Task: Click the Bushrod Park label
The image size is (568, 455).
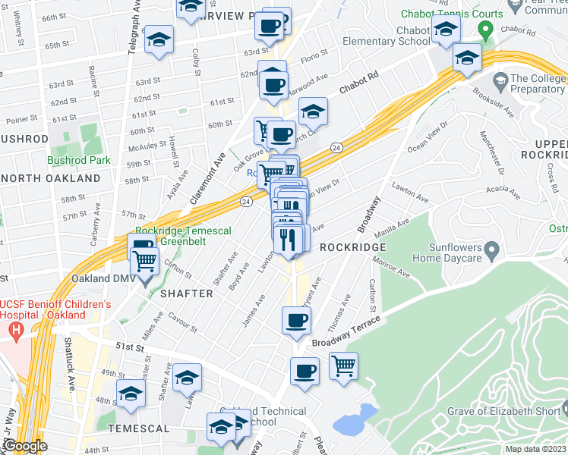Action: [x=78, y=160]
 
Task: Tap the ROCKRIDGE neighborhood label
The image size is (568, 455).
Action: [x=353, y=247]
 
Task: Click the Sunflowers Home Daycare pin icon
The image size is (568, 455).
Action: [x=491, y=249]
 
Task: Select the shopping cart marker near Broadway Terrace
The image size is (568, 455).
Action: [x=344, y=366]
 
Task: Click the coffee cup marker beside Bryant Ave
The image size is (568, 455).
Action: [x=296, y=319]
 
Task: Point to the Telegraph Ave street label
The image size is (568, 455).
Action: [x=134, y=27]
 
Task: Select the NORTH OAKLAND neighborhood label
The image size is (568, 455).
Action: [x=50, y=178]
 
